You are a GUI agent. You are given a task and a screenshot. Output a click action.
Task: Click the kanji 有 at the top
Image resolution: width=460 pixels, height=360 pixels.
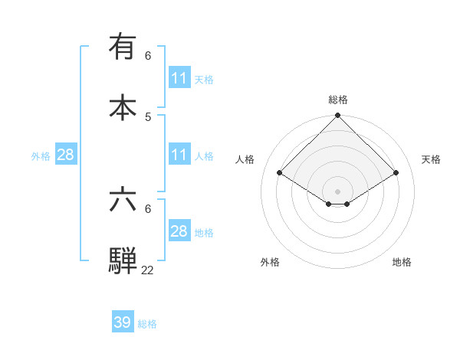click(123, 47)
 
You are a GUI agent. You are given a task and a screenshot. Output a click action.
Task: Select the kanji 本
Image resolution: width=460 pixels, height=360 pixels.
click(123, 107)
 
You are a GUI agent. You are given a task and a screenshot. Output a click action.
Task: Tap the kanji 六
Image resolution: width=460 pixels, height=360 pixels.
click(123, 199)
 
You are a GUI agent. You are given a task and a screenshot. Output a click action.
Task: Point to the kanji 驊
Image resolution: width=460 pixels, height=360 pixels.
click(123, 260)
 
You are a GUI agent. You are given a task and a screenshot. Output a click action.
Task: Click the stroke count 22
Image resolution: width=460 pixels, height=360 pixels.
click(147, 269)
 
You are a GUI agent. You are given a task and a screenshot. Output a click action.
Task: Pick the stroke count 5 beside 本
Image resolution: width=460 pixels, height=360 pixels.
click(148, 116)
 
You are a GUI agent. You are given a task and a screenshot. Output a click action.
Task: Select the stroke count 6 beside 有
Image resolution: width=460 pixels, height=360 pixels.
click(148, 56)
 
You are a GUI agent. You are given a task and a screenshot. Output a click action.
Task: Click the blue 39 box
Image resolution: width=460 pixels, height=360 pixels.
click(123, 322)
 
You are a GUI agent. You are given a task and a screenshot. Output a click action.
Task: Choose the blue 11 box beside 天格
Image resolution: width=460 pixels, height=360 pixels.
click(179, 78)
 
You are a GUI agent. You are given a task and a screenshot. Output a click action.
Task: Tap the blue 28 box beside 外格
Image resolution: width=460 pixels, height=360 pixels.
click(66, 155)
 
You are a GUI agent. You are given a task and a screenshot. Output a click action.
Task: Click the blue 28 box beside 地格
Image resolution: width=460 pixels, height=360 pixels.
click(179, 231)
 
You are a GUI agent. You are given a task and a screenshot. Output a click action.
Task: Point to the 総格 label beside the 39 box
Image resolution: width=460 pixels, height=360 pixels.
click(147, 324)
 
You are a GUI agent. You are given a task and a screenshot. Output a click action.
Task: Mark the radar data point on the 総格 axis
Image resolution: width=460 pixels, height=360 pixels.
click(337, 116)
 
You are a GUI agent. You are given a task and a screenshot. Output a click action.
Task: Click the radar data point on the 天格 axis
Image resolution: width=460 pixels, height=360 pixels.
click(396, 173)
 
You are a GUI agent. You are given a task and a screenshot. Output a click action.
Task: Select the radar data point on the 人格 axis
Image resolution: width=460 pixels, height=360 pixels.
click(279, 173)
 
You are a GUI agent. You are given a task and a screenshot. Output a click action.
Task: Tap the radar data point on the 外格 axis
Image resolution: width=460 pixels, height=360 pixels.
click(329, 204)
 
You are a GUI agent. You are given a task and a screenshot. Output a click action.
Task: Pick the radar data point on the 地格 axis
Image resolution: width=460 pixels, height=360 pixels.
click(347, 204)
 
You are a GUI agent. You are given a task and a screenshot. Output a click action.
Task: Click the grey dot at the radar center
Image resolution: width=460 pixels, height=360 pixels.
click(337, 191)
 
